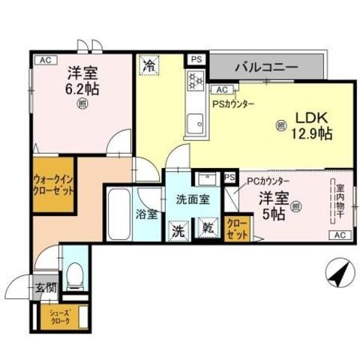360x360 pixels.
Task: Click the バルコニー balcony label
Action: tap(265, 66)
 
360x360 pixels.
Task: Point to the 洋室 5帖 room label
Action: tap(271, 205)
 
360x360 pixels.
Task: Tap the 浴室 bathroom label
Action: tap(146, 214)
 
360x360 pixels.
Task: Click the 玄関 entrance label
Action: tap(46, 286)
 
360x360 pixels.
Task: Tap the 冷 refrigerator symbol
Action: tap(149, 66)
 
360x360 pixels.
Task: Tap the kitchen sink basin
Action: tap(196, 121)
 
